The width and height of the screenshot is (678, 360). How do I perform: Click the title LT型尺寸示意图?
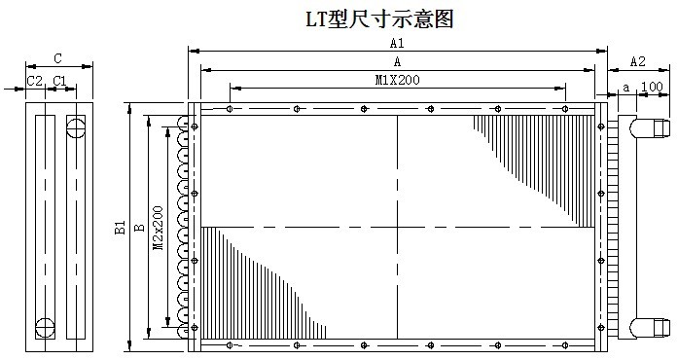[380, 19]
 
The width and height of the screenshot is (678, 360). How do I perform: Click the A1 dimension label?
[397, 43]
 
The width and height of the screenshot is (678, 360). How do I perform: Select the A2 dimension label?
[637, 61]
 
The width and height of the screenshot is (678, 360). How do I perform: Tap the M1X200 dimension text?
[398, 80]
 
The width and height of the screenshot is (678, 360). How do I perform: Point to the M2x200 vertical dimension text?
[159, 228]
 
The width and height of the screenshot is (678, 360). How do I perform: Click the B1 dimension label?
[120, 227]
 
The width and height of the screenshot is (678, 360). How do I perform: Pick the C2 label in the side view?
[35, 81]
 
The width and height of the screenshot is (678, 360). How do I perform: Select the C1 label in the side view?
[59, 81]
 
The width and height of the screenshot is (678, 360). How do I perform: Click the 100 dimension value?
[652, 87]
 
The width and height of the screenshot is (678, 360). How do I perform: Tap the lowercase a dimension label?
[626, 88]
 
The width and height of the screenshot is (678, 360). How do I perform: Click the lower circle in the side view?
[45, 328]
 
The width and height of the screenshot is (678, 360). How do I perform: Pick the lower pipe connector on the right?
[650, 327]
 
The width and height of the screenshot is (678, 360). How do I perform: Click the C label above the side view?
[58, 58]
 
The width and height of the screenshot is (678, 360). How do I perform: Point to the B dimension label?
[139, 227]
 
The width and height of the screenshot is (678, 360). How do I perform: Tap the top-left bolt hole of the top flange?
[230, 109]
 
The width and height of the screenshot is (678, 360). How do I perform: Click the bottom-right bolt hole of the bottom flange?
[565, 344]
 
